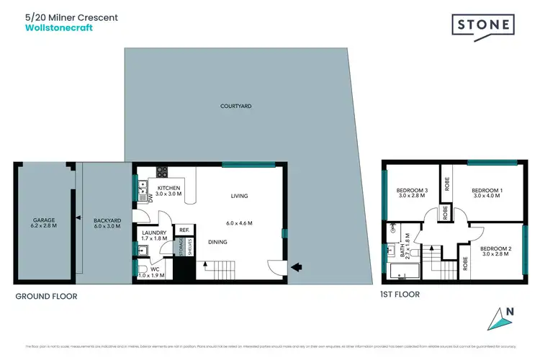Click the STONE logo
pos(482,25)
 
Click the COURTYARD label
pos(235,106)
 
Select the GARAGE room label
pos(44,220)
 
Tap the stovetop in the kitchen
pos(162,172)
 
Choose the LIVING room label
pos(239,196)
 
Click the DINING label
pos(218,242)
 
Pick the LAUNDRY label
pos(155,233)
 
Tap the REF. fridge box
pos(184,230)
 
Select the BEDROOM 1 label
pos(487,190)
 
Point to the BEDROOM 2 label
pos(497,249)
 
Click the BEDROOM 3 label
pos(412,190)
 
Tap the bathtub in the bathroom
pos(399,272)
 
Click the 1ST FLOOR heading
pos(400,294)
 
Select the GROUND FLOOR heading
pos(46,296)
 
